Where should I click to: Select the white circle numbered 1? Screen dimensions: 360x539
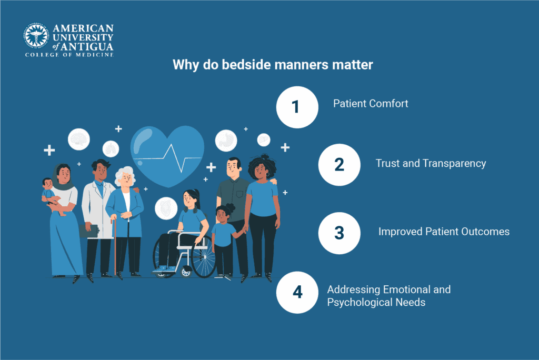pyautogui.click(x=297, y=107)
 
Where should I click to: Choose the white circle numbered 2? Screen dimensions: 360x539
pyautogui.click(x=340, y=165)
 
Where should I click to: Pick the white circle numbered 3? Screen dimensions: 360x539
pyautogui.click(x=340, y=233)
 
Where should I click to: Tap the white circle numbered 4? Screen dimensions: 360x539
pyautogui.click(x=297, y=292)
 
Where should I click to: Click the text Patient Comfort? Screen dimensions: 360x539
pyautogui.click(x=371, y=104)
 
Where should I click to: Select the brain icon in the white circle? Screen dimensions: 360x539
pyautogui.click(x=78, y=139)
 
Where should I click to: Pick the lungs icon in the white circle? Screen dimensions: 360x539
pyautogui.click(x=111, y=149)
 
